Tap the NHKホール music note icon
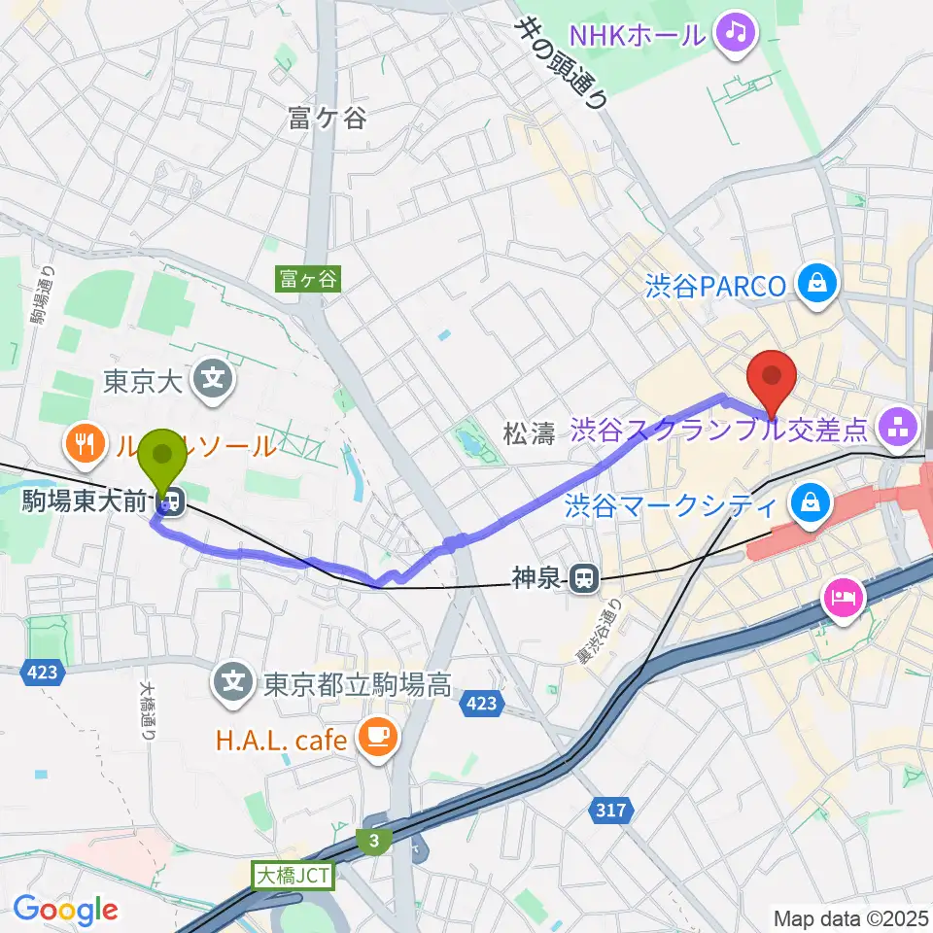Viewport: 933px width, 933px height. (x=736, y=35)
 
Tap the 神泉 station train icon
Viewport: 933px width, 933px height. (x=583, y=580)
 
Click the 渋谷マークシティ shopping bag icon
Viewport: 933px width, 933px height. (x=809, y=502)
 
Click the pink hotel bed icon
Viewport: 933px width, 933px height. (x=841, y=597)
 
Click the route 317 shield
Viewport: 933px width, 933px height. (x=609, y=809)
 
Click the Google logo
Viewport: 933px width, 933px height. (x=65, y=910)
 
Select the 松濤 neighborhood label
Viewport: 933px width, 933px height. (x=529, y=434)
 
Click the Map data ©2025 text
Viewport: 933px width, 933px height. (x=848, y=917)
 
